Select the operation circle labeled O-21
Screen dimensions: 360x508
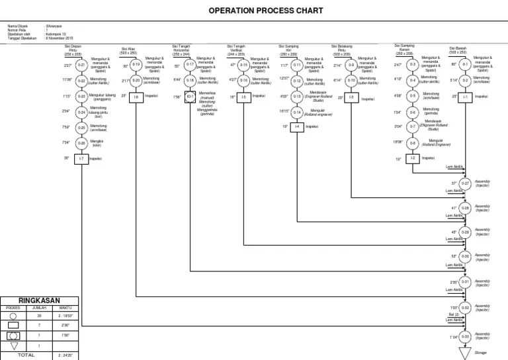(x=81, y=66)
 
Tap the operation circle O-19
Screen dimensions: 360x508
(x=136, y=65)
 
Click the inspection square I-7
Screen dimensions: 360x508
(x=81, y=159)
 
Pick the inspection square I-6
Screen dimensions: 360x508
(x=136, y=97)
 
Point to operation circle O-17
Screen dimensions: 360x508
(x=190, y=65)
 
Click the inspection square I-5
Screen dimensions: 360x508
(x=243, y=97)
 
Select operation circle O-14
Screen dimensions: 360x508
(x=297, y=112)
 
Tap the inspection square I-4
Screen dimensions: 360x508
(x=297, y=126)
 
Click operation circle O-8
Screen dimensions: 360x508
(x=413, y=142)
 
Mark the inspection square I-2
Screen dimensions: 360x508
(x=413, y=159)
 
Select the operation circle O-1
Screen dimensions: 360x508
(x=465, y=65)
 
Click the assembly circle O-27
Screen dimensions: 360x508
(x=465, y=183)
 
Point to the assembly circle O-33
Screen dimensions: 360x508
(x=465, y=337)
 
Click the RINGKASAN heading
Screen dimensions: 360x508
(x=40, y=299)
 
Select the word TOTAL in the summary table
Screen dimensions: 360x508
(x=26, y=355)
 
